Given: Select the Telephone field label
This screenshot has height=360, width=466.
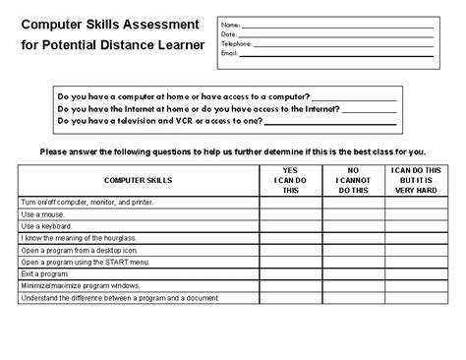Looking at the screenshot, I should pyautogui.click(x=236, y=44).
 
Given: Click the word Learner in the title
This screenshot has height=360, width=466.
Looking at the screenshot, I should pyautogui.click(x=176, y=45).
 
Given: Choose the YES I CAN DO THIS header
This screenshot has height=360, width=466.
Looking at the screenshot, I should pyautogui.click(x=295, y=181).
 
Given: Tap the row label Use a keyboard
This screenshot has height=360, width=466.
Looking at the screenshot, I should pyautogui.click(x=48, y=225).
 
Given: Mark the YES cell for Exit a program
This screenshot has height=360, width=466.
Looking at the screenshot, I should pyautogui.click(x=295, y=274).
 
